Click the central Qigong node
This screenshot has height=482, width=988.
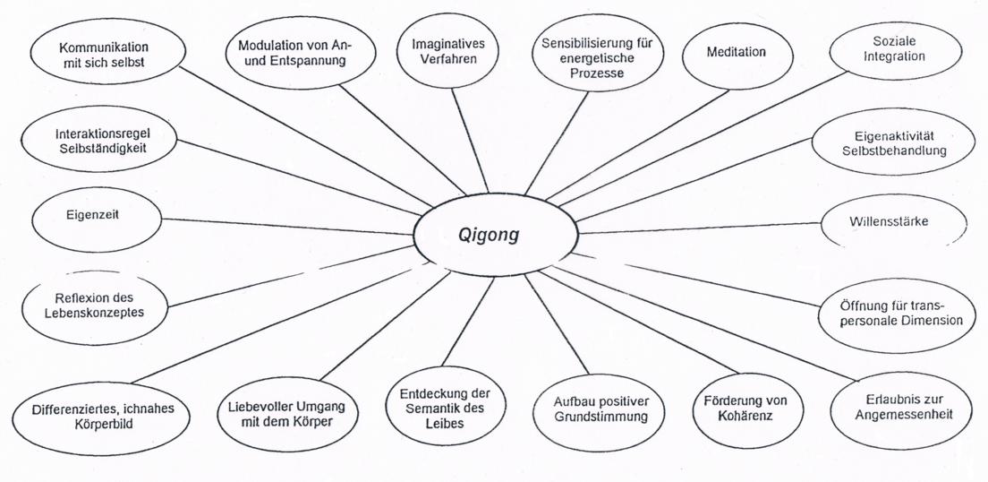pos(493,235)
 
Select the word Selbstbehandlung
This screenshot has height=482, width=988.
pos(894,151)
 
